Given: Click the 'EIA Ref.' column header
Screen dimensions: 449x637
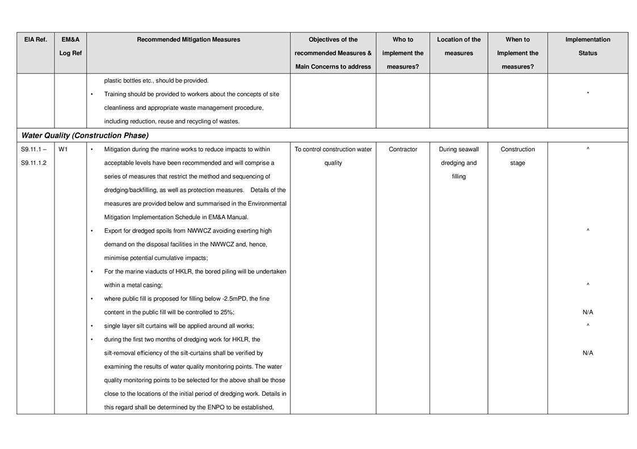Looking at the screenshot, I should click(35, 40).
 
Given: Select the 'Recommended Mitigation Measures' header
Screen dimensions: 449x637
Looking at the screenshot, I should click(188, 40).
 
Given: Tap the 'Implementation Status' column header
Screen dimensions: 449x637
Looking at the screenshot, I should click(588, 46).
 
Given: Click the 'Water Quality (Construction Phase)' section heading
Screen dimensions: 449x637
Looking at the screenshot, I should click(85, 136).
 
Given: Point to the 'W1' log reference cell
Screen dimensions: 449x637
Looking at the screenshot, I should click(63, 149).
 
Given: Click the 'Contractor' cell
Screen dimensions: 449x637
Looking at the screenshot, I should click(403, 149).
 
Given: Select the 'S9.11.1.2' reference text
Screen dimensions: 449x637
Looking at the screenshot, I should click(34, 163).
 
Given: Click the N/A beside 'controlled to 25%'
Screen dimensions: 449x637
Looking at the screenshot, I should click(588, 313).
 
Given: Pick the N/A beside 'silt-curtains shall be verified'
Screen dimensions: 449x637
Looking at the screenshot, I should click(588, 353).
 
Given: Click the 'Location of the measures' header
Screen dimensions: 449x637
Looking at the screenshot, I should click(458, 46).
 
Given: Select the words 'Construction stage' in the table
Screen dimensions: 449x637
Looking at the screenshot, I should click(517, 156).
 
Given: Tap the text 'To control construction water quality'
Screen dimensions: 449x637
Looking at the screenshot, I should click(333, 156).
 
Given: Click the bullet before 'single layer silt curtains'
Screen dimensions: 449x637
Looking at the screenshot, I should click(92, 326).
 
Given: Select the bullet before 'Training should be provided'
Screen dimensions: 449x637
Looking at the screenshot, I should click(92, 95).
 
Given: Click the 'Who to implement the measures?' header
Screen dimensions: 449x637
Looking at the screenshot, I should click(403, 53).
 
